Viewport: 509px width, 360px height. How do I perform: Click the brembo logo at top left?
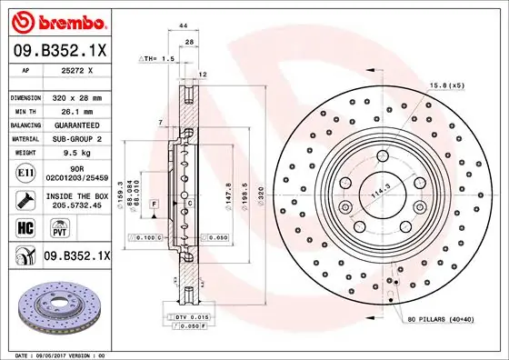[x=56, y=19]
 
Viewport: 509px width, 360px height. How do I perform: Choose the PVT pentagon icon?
[x=49, y=228]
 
